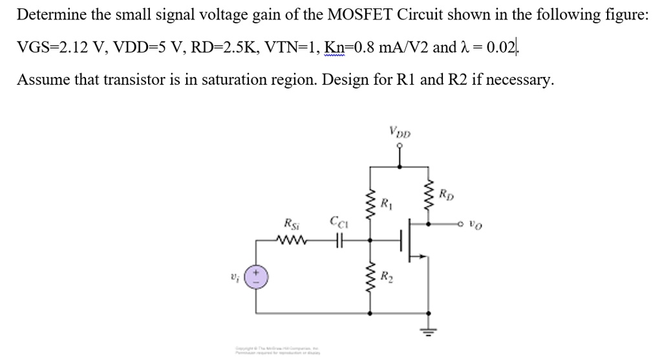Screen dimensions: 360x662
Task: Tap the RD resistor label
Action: (x=446, y=193)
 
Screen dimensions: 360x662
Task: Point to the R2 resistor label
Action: (x=387, y=280)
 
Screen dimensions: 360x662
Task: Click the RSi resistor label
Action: (x=291, y=225)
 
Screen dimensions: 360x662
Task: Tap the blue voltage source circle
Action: (x=256, y=279)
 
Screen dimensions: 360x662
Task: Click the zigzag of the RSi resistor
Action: (x=291, y=242)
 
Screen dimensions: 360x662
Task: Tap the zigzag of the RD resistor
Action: (x=427, y=194)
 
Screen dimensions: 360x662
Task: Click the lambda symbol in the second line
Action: (x=461, y=48)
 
